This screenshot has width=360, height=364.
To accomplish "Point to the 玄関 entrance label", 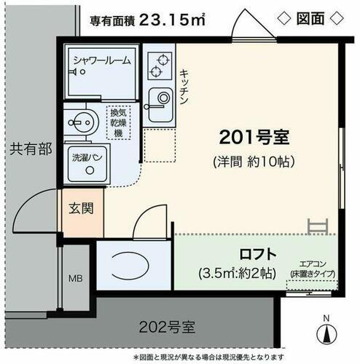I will click(x=80, y=209).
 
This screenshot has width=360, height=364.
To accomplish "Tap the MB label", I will click(x=75, y=278).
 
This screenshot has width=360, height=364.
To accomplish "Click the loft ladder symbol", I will click(x=317, y=226).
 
